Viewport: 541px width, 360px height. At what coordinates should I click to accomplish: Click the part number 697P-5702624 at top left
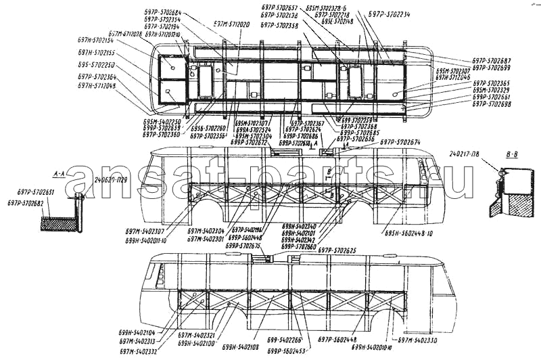tap(162, 14)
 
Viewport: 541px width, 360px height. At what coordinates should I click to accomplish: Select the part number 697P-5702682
tap(26, 202)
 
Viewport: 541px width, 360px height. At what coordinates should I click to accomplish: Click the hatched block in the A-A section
tap(58, 224)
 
